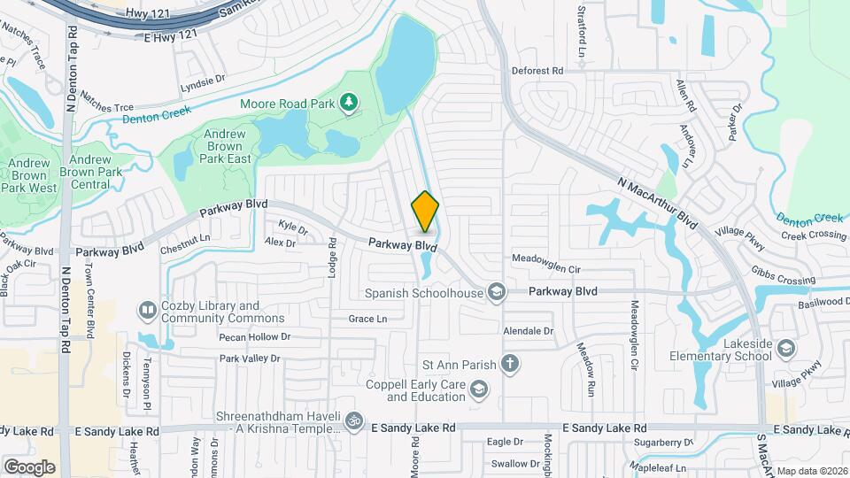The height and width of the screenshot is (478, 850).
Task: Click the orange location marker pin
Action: tap(426, 212)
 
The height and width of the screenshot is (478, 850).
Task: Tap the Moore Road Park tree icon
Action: tap(350, 104)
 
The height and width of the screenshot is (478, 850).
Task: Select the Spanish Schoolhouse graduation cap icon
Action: tap(497, 292)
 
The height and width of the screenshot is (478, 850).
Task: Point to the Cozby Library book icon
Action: tap(146, 311)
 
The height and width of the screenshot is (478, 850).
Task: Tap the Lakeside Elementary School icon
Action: tap(785, 350)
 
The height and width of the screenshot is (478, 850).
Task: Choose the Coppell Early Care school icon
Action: tap(479, 389)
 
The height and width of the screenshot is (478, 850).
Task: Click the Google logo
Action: tap(29, 466)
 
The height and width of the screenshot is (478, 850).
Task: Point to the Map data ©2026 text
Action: tap(812, 471)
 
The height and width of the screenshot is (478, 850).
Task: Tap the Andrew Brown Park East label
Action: tap(225, 146)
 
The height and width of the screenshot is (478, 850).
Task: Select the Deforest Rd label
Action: tap(537, 70)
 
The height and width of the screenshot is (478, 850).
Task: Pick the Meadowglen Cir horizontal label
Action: tap(545, 269)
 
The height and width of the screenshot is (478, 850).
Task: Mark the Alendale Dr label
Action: tap(528, 331)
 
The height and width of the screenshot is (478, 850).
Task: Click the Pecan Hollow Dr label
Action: tap(255, 337)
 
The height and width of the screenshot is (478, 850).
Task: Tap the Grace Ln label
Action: tap(367, 319)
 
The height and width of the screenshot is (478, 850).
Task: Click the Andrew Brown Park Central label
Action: tap(90, 174)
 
